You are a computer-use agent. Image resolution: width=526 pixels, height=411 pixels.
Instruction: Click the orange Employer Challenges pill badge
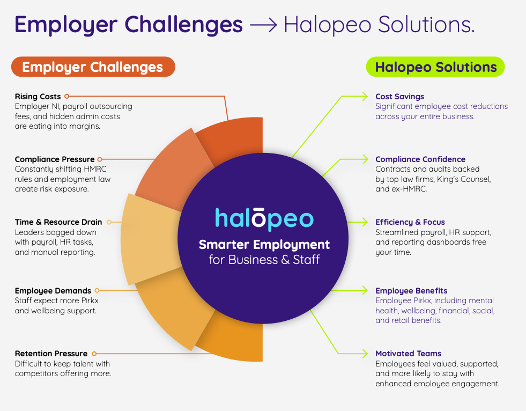(x=93, y=67)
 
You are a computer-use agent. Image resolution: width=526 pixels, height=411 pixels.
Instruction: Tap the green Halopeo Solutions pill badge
(x=435, y=67)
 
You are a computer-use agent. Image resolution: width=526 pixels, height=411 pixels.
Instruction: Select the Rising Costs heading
(x=38, y=97)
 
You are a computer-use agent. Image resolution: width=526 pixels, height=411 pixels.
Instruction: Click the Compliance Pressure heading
(x=55, y=159)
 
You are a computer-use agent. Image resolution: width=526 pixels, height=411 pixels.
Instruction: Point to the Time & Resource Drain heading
(x=58, y=222)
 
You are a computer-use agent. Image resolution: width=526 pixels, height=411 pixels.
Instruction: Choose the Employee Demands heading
(x=53, y=291)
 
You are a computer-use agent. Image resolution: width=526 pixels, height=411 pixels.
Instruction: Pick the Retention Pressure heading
(x=51, y=354)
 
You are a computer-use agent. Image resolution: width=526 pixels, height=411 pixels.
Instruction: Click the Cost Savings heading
(x=399, y=97)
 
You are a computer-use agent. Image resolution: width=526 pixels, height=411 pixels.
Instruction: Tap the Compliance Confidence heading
(x=420, y=159)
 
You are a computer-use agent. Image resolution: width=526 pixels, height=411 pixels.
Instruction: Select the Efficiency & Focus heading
(x=410, y=222)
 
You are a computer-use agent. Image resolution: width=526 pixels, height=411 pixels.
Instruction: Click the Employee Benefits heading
(x=411, y=291)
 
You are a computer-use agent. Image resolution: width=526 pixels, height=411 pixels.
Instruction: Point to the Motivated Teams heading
(x=408, y=354)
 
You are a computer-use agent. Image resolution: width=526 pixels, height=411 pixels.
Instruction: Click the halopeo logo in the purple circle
(x=264, y=219)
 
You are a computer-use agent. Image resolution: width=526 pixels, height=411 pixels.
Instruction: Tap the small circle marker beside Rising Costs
(x=67, y=97)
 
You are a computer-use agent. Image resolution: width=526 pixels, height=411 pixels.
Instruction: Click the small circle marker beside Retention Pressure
(x=94, y=354)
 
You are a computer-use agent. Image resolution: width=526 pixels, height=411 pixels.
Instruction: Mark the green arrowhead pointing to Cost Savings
(x=365, y=97)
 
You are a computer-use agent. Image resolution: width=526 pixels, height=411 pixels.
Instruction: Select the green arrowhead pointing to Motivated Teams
(x=365, y=354)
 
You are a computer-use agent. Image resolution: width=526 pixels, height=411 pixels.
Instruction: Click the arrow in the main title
(x=264, y=25)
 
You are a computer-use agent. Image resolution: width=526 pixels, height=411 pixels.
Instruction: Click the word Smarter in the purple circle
(x=224, y=245)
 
